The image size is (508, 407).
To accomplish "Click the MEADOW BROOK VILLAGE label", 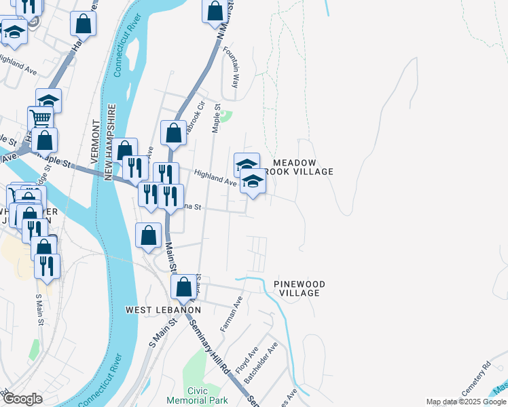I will point(303,167).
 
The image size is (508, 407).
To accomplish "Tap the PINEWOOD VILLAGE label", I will point(300,288).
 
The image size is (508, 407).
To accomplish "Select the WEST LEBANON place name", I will point(164,309).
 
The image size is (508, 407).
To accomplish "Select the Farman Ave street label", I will point(231,313).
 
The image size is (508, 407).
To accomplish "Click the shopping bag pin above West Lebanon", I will point(183,287).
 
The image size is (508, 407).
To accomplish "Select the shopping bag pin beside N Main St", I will point(215,11).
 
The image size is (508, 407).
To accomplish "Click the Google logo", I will point(22,399).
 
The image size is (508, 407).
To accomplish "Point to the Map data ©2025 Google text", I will point(467,402).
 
